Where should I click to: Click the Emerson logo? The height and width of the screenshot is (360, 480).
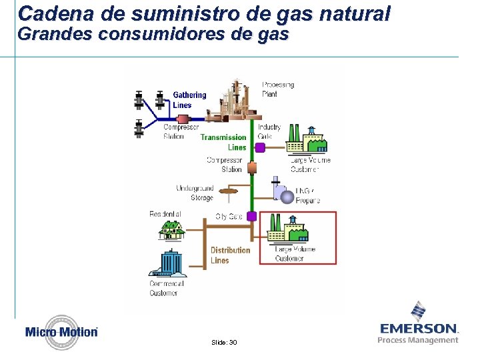(x=419, y=323)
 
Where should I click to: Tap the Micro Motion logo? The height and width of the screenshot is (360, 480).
(x=61, y=332)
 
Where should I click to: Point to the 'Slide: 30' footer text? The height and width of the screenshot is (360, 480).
(x=223, y=342)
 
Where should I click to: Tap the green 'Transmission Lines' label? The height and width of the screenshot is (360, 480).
(x=224, y=142)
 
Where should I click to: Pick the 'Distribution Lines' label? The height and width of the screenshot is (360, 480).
(x=230, y=255)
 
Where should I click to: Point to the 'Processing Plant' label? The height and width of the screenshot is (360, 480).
(x=278, y=89)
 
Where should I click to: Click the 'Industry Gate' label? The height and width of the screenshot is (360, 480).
(x=269, y=131)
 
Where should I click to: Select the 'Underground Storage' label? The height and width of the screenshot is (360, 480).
(x=195, y=193)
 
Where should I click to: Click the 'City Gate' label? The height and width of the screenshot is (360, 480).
(x=229, y=217)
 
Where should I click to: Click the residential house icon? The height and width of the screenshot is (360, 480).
(x=172, y=229)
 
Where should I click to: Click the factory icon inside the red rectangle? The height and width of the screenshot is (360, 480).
(x=287, y=229)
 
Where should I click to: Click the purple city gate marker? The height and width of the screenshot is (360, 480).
(x=252, y=216)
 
